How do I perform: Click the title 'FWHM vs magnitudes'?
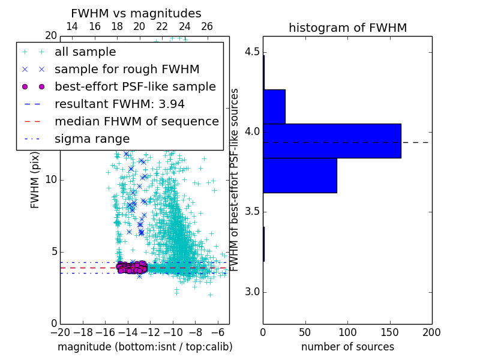[x=136, y=13]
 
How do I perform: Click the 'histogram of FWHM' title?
[x=347, y=28]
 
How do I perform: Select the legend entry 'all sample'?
[x=85, y=52]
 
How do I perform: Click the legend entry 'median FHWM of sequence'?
[x=136, y=121]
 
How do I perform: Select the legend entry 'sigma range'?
[x=92, y=139]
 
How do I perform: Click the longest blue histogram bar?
[x=332, y=141]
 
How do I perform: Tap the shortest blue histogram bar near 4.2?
[x=274, y=107]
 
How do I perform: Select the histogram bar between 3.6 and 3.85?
[x=300, y=175]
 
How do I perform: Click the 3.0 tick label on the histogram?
[x=253, y=292]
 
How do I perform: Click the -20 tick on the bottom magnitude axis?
[x=60, y=332]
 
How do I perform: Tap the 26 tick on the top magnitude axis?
[x=207, y=26]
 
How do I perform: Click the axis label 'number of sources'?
[x=347, y=347]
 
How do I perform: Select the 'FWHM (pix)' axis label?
[x=35, y=180]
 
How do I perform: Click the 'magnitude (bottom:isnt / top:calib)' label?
[x=145, y=347]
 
